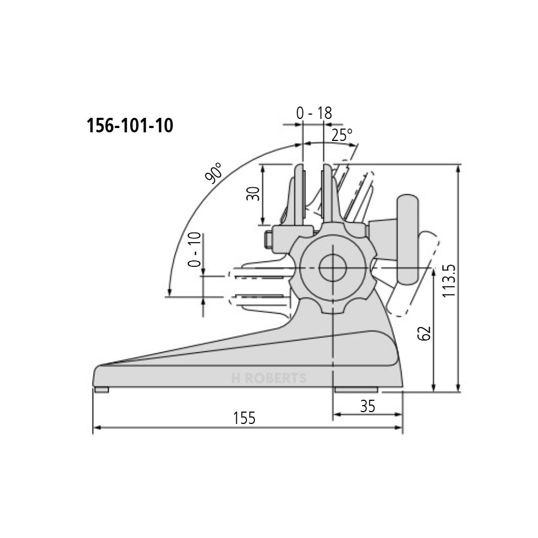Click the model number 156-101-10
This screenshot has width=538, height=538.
pos(130,126)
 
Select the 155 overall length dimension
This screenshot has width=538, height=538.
pos(244,418)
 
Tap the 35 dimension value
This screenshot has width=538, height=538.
pos(367,406)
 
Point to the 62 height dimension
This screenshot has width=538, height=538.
pos(424,334)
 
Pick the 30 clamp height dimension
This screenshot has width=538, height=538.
pos(253,194)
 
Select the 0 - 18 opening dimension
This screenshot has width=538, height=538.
pos(314,113)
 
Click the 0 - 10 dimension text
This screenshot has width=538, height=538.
pos(195,250)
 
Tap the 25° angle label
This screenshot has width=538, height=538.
pos(342,135)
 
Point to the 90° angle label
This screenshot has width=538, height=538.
pos(213,173)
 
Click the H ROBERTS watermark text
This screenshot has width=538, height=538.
pos(268,379)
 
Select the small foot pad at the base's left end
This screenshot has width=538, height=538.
pos(101,390)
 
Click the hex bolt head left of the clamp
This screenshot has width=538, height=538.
pos(267,239)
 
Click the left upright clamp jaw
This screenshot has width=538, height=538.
pos(297,194)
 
